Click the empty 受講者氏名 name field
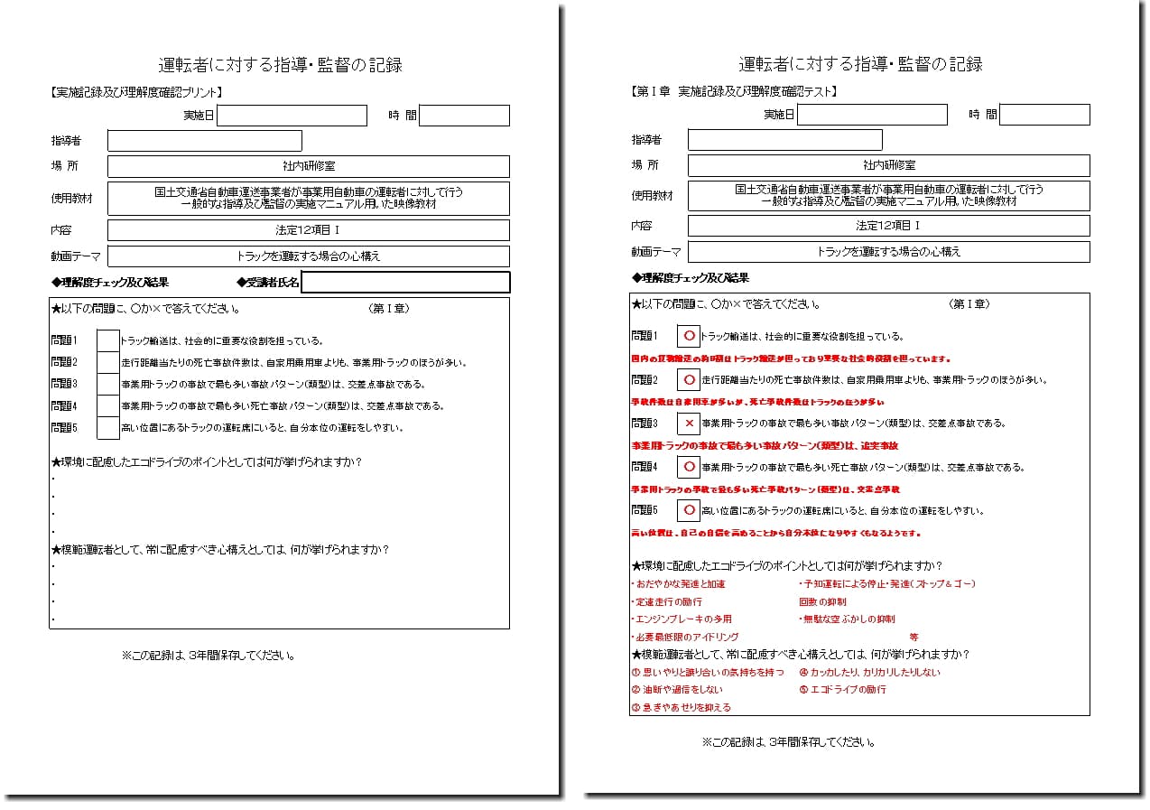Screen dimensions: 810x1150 (405, 283)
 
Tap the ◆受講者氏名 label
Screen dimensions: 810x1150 (268, 283)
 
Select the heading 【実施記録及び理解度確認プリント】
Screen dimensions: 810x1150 (137, 92)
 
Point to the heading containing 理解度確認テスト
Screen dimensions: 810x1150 (734, 91)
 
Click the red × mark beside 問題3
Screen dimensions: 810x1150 (689, 423)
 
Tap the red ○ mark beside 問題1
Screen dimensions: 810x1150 (689, 336)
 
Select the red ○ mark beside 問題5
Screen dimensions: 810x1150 (689, 511)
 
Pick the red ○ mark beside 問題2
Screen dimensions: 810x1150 (689, 380)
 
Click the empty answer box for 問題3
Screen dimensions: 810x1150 (107, 385)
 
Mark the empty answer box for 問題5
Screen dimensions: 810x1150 (107, 428)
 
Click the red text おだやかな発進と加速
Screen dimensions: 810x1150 (680, 584)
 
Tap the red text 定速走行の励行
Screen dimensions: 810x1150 (668, 601)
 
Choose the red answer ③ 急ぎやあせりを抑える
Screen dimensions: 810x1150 (682, 708)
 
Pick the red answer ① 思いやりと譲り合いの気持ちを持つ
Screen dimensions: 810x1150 (708, 673)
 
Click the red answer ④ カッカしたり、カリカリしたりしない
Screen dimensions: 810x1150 (869, 673)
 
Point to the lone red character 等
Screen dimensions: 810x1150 (914, 637)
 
